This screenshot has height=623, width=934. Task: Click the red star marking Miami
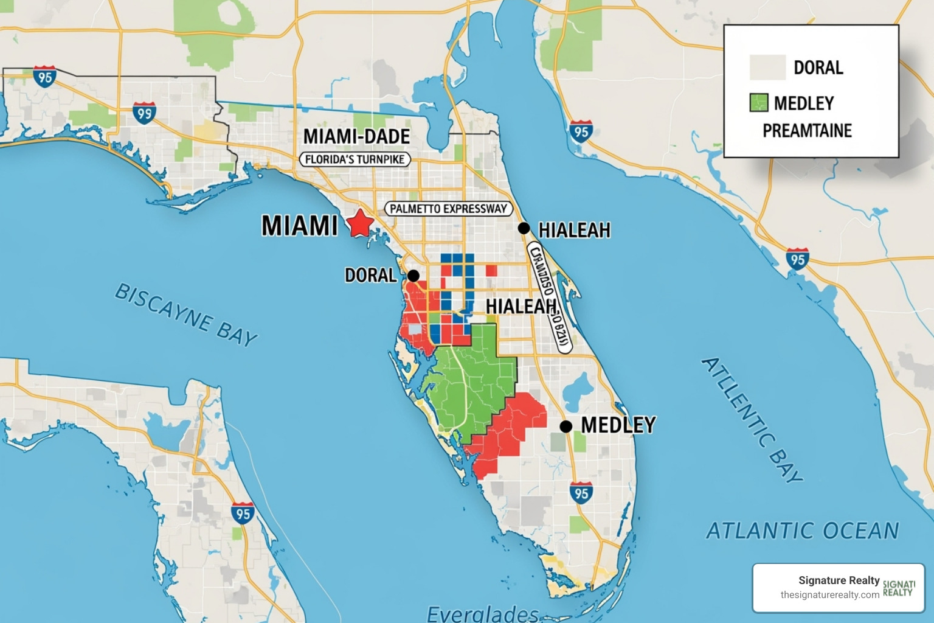(360, 223)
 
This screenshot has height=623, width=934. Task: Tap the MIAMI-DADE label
(356, 136)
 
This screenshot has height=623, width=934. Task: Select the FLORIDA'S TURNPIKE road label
(356, 159)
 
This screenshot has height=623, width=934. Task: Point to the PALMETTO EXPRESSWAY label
(448, 209)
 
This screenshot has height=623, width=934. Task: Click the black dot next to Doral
(413, 276)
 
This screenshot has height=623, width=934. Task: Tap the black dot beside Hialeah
(524, 228)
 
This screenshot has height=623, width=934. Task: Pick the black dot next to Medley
(566, 426)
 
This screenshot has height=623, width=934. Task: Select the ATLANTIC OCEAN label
(802, 531)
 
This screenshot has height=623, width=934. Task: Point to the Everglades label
(483, 613)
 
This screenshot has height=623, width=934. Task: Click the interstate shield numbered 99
(144, 113)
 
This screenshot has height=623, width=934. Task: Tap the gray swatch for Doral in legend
(767, 68)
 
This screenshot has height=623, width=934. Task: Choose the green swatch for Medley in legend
(758, 103)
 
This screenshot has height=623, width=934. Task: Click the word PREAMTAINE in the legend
(807, 131)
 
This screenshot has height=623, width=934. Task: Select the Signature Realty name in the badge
(839, 580)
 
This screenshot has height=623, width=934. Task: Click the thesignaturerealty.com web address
(829, 595)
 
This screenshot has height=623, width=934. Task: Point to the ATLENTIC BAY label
(752, 420)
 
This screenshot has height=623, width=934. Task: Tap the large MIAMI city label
(299, 226)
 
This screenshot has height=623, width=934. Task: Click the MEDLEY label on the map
(618, 425)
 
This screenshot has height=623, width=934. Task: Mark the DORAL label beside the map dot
(370, 276)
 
